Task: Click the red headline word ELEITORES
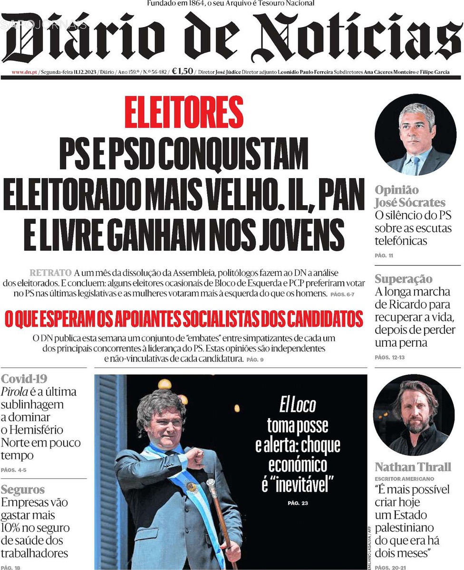(184, 112)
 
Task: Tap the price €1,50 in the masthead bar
(183, 72)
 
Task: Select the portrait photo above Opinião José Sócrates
(415, 135)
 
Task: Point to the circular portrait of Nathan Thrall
(413, 415)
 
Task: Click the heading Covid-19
(24, 379)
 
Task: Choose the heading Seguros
(23, 489)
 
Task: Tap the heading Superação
(404, 279)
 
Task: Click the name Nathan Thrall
(413, 467)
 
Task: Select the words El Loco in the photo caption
(298, 405)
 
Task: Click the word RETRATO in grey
(50, 273)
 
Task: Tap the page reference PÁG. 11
(384, 256)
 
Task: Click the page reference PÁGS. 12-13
(389, 357)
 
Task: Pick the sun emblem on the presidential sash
(192, 486)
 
